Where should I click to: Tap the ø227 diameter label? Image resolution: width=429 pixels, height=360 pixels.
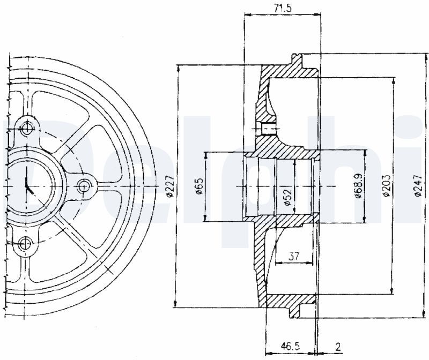pos(170,186)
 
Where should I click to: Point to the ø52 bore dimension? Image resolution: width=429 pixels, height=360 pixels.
pos(287,196)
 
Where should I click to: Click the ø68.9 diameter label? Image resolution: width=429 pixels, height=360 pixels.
pos(359,186)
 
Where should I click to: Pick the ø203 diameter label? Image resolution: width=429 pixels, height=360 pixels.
pos(386,186)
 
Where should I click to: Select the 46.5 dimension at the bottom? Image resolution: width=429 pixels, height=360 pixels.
pos(290,347)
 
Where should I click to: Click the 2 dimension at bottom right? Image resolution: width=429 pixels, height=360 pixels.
pos(338,347)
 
